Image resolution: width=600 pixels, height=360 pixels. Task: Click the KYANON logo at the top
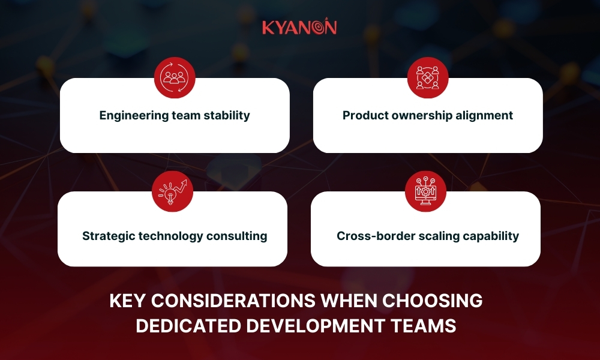(299, 28)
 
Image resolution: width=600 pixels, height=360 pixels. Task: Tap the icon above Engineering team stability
(175, 78)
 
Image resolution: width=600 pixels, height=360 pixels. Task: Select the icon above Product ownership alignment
(428, 78)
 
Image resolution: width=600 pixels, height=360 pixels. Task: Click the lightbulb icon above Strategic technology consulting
(172, 191)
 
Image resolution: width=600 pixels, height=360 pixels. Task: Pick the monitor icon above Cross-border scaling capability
(425, 191)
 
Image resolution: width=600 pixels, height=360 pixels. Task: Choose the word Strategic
(109, 236)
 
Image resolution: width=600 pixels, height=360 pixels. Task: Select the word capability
(490, 236)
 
